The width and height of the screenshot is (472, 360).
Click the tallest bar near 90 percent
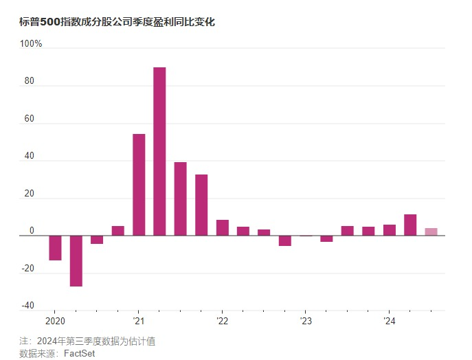[159, 151]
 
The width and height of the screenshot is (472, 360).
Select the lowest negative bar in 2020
[76, 261]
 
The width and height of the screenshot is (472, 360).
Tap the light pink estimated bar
[431, 232]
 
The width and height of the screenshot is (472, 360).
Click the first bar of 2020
[55, 248]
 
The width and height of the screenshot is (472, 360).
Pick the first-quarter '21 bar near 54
[139, 185]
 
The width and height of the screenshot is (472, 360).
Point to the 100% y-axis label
[32, 44]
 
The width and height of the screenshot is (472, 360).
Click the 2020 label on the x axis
[55, 322]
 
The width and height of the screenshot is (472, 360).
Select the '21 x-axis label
[138, 322]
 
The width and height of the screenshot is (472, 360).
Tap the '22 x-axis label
[222, 322]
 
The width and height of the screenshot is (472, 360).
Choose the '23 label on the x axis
[306, 322]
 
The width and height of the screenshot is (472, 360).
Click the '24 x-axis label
[389, 322]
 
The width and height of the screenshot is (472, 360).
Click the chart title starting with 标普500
[117, 22]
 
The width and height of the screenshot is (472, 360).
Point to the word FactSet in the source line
[79, 353]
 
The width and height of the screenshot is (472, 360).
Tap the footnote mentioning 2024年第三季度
[92, 341]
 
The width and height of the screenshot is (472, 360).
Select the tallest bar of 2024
[410, 225]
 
